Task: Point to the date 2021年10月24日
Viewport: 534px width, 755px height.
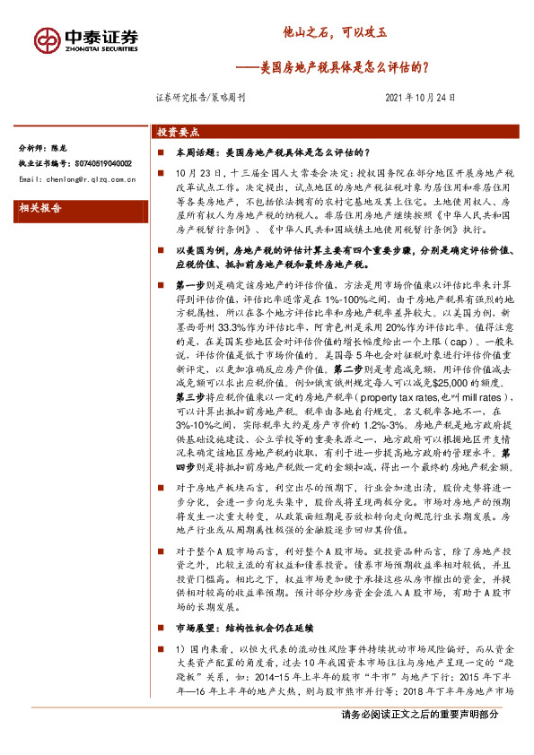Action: tap(420, 99)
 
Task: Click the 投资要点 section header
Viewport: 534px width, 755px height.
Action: tap(178, 130)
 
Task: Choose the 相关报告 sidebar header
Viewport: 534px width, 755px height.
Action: tap(40, 208)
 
